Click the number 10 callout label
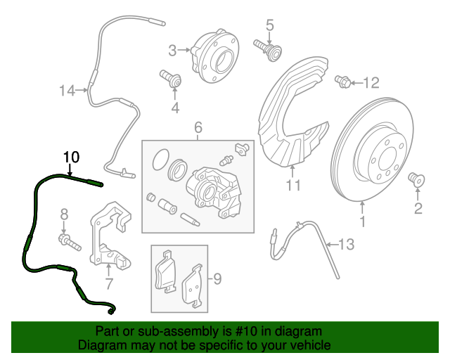(72, 156)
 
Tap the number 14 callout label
(67, 91)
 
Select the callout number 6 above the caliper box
(198, 127)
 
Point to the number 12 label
(371, 83)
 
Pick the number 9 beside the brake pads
(217, 280)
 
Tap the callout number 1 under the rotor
(364, 224)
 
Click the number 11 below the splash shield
(293, 186)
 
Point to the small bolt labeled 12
(343, 82)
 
